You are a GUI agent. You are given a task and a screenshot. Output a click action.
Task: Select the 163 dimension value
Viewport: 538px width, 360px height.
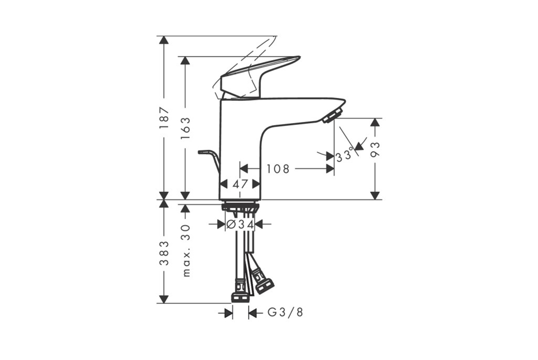[185, 128]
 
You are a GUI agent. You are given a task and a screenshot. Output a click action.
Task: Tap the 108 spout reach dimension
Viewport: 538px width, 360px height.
[278, 168]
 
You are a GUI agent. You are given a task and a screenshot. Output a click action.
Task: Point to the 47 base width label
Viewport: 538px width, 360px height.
[240, 184]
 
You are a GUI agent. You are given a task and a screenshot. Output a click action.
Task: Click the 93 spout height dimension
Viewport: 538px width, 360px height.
[376, 149]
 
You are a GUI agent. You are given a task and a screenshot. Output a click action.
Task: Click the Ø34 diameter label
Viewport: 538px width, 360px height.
[240, 225]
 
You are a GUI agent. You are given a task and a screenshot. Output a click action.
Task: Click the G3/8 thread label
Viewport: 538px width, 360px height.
[285, 312]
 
